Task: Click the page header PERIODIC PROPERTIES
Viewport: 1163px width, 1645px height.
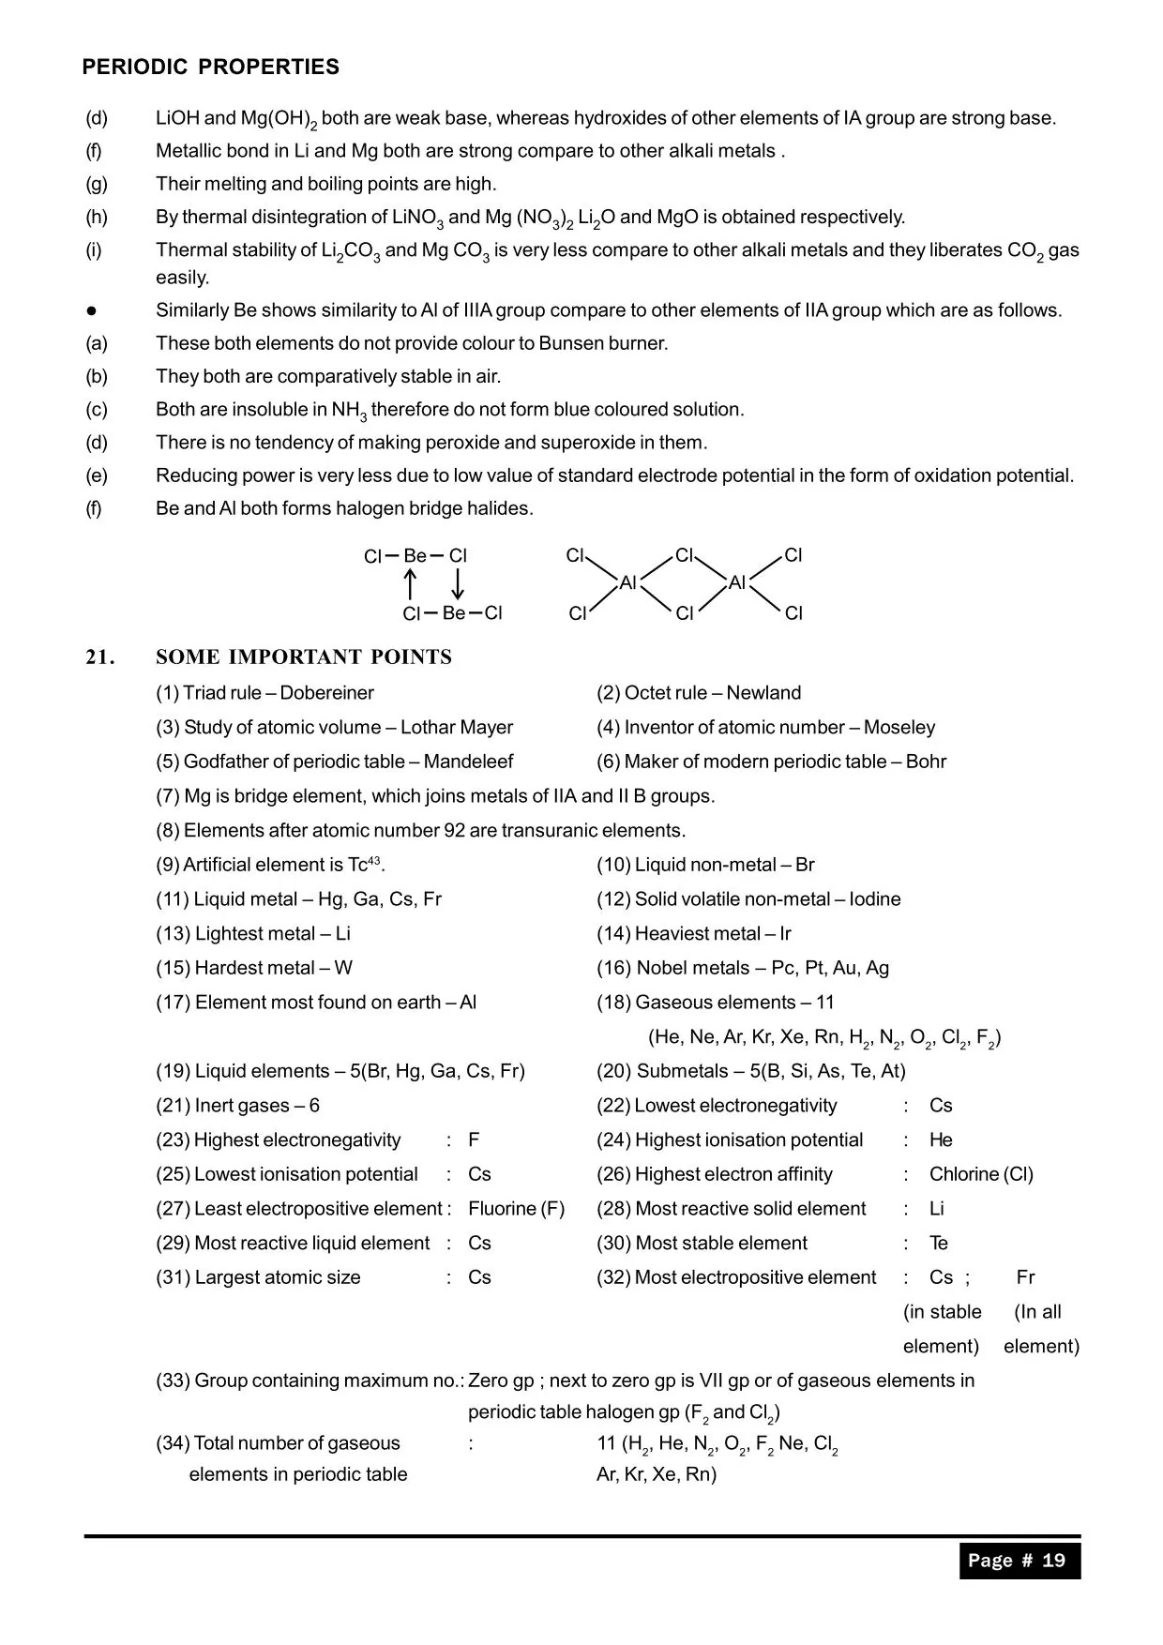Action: pyautogui.click(x=210, y=68)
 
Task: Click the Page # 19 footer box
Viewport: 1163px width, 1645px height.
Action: pyautogui.click(x=1019, y=1561)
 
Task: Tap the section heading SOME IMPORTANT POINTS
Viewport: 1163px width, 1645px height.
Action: pyautogui.click(x=304, y=657)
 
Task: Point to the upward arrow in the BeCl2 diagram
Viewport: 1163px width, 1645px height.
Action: pyautogui.click(x=410, y=584)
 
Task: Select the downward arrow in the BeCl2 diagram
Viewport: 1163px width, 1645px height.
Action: pyautogui.click(x=458, y=584)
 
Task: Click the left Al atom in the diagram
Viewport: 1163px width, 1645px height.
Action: pyautogui.click(x=628, y=583)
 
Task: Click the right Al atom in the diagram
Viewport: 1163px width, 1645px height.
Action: pyautogui.click(x=737, y=583)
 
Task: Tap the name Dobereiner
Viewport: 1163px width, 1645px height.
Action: pyautogui.click(x=326, y=693)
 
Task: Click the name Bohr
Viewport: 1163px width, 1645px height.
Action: pyautogui.click(x=926, y=762)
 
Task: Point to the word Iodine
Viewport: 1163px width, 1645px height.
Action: pyautogui.click(x=875, y=899)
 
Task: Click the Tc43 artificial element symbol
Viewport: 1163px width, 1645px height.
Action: pyautogui.click(x=366, y=865)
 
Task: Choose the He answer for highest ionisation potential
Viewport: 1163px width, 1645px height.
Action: pyautogui.click(x=941, y=1140)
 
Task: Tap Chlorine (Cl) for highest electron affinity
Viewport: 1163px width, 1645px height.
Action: pyautogui.click(x=981, y=1174)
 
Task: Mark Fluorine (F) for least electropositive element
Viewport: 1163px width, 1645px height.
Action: pyautogui.click(x=516, y=1209)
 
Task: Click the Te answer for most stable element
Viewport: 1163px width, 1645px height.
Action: pyautogui.click(x=939, y=1244)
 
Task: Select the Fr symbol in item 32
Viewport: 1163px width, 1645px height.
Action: pyautogui.click(x=1025, y=1277)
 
